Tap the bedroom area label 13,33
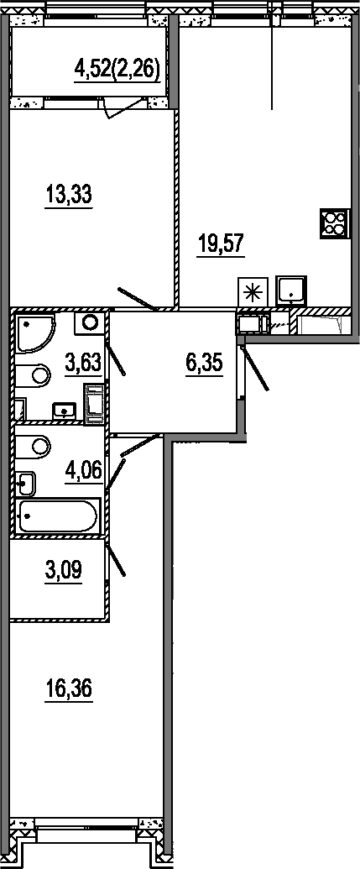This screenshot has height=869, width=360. (68, 196)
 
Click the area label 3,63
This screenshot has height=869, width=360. (82, 363)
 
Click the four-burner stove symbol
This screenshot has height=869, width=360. (333, 222)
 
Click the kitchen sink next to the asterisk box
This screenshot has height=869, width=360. (291, 291)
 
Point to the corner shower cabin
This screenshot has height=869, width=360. (34, 332)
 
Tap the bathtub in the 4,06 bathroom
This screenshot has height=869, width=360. (59, 514)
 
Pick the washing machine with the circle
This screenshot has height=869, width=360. (90, 323)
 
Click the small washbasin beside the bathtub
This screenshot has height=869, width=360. (25, 484)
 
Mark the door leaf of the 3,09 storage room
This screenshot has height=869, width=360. (115, 559)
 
